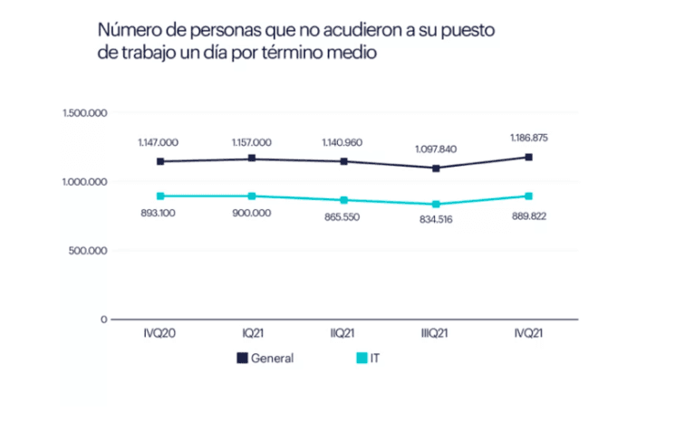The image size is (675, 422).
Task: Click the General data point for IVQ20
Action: click(x=160, y=161)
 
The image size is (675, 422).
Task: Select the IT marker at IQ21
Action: click(x=252, y=196)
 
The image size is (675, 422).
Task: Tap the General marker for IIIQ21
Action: click(x=436, y=168)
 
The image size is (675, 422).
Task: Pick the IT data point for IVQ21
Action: click(x=528, y=196)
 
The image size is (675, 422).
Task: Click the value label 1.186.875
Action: click(x=528, y=138)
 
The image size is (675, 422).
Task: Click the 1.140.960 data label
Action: click(x=343, y=142)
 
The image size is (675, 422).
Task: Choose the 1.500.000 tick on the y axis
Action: click(x=84, y=113)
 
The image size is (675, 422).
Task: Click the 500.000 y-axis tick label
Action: click(x=89, y=251)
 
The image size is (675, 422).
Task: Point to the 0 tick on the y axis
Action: click(x=104, y=320)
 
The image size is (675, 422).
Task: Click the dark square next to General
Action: click(x=242, y=358)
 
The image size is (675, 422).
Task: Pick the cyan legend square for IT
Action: click(x=361, y=358)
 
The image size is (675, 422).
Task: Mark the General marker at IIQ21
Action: click(x=343, y=161)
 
